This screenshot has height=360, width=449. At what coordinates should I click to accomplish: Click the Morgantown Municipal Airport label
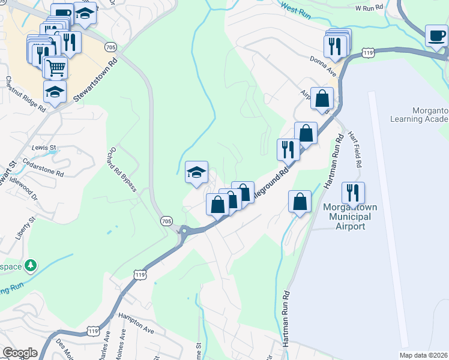click(x=350, y=217)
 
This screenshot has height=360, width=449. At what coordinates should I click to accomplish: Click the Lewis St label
click(x=44, y=147)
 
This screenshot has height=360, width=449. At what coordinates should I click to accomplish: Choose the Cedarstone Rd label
click(x=43, y=167)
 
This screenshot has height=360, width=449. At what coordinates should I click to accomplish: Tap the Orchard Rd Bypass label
click(x=123, y=170)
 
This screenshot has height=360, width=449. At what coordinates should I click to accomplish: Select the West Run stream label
click(x=295, y=9)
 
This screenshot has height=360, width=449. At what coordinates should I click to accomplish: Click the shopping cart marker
click(x=56, y=67)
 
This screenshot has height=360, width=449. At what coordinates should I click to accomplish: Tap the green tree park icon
click(x=30, y=265)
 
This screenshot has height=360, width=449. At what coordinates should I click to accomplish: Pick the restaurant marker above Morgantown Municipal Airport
click(x=353, y=193)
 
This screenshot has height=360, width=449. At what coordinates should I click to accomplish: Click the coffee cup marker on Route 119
click(x=436, y=35)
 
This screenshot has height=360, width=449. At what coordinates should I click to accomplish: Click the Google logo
click(x=20, y=353)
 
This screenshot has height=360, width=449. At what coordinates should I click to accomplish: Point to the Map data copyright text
click(x=424, y=355)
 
